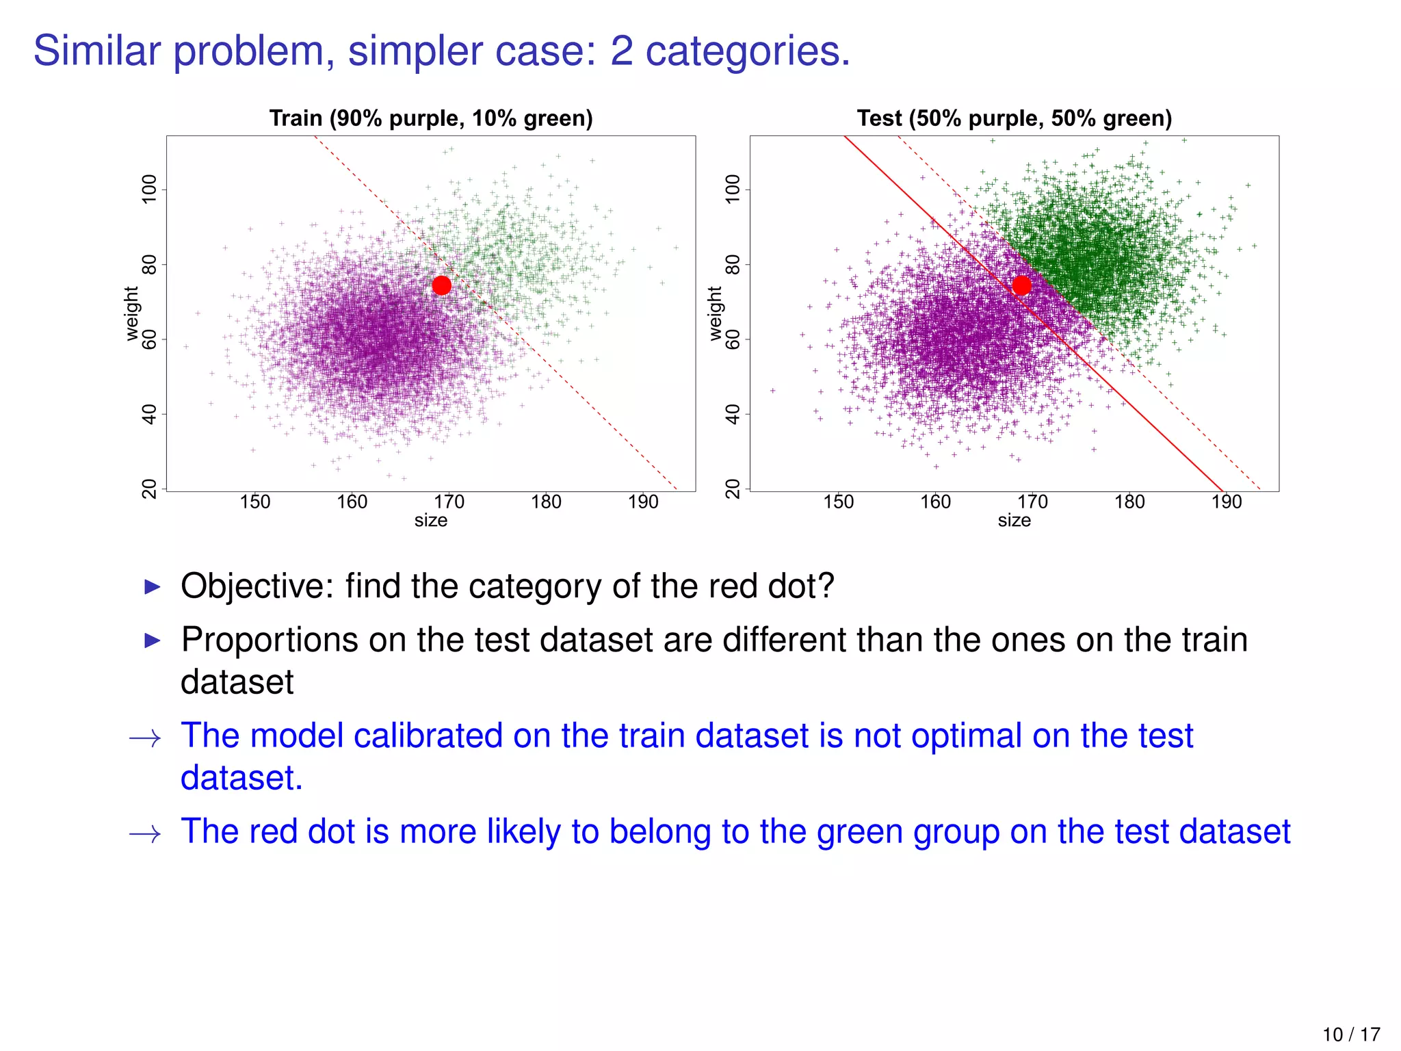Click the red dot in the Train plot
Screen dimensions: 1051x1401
point(442,285)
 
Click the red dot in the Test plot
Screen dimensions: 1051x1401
point(1021,285)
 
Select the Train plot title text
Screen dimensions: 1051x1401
point(431,118)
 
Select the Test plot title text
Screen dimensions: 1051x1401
point(1014,118)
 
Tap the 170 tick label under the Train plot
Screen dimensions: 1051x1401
point(449,502)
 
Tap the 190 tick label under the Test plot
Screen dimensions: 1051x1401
point(1227,502)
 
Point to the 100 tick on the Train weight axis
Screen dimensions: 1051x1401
point(149,189)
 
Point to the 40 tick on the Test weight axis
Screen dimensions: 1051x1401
point(733,414)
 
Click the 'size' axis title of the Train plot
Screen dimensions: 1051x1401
point(431,521)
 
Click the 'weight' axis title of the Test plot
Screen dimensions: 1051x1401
point(715,313)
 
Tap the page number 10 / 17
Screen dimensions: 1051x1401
point(1351,1035)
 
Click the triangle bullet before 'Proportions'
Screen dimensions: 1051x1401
point(153,641)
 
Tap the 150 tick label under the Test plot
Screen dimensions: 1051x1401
point(838,502)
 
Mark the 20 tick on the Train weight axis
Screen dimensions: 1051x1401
point(149,489)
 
